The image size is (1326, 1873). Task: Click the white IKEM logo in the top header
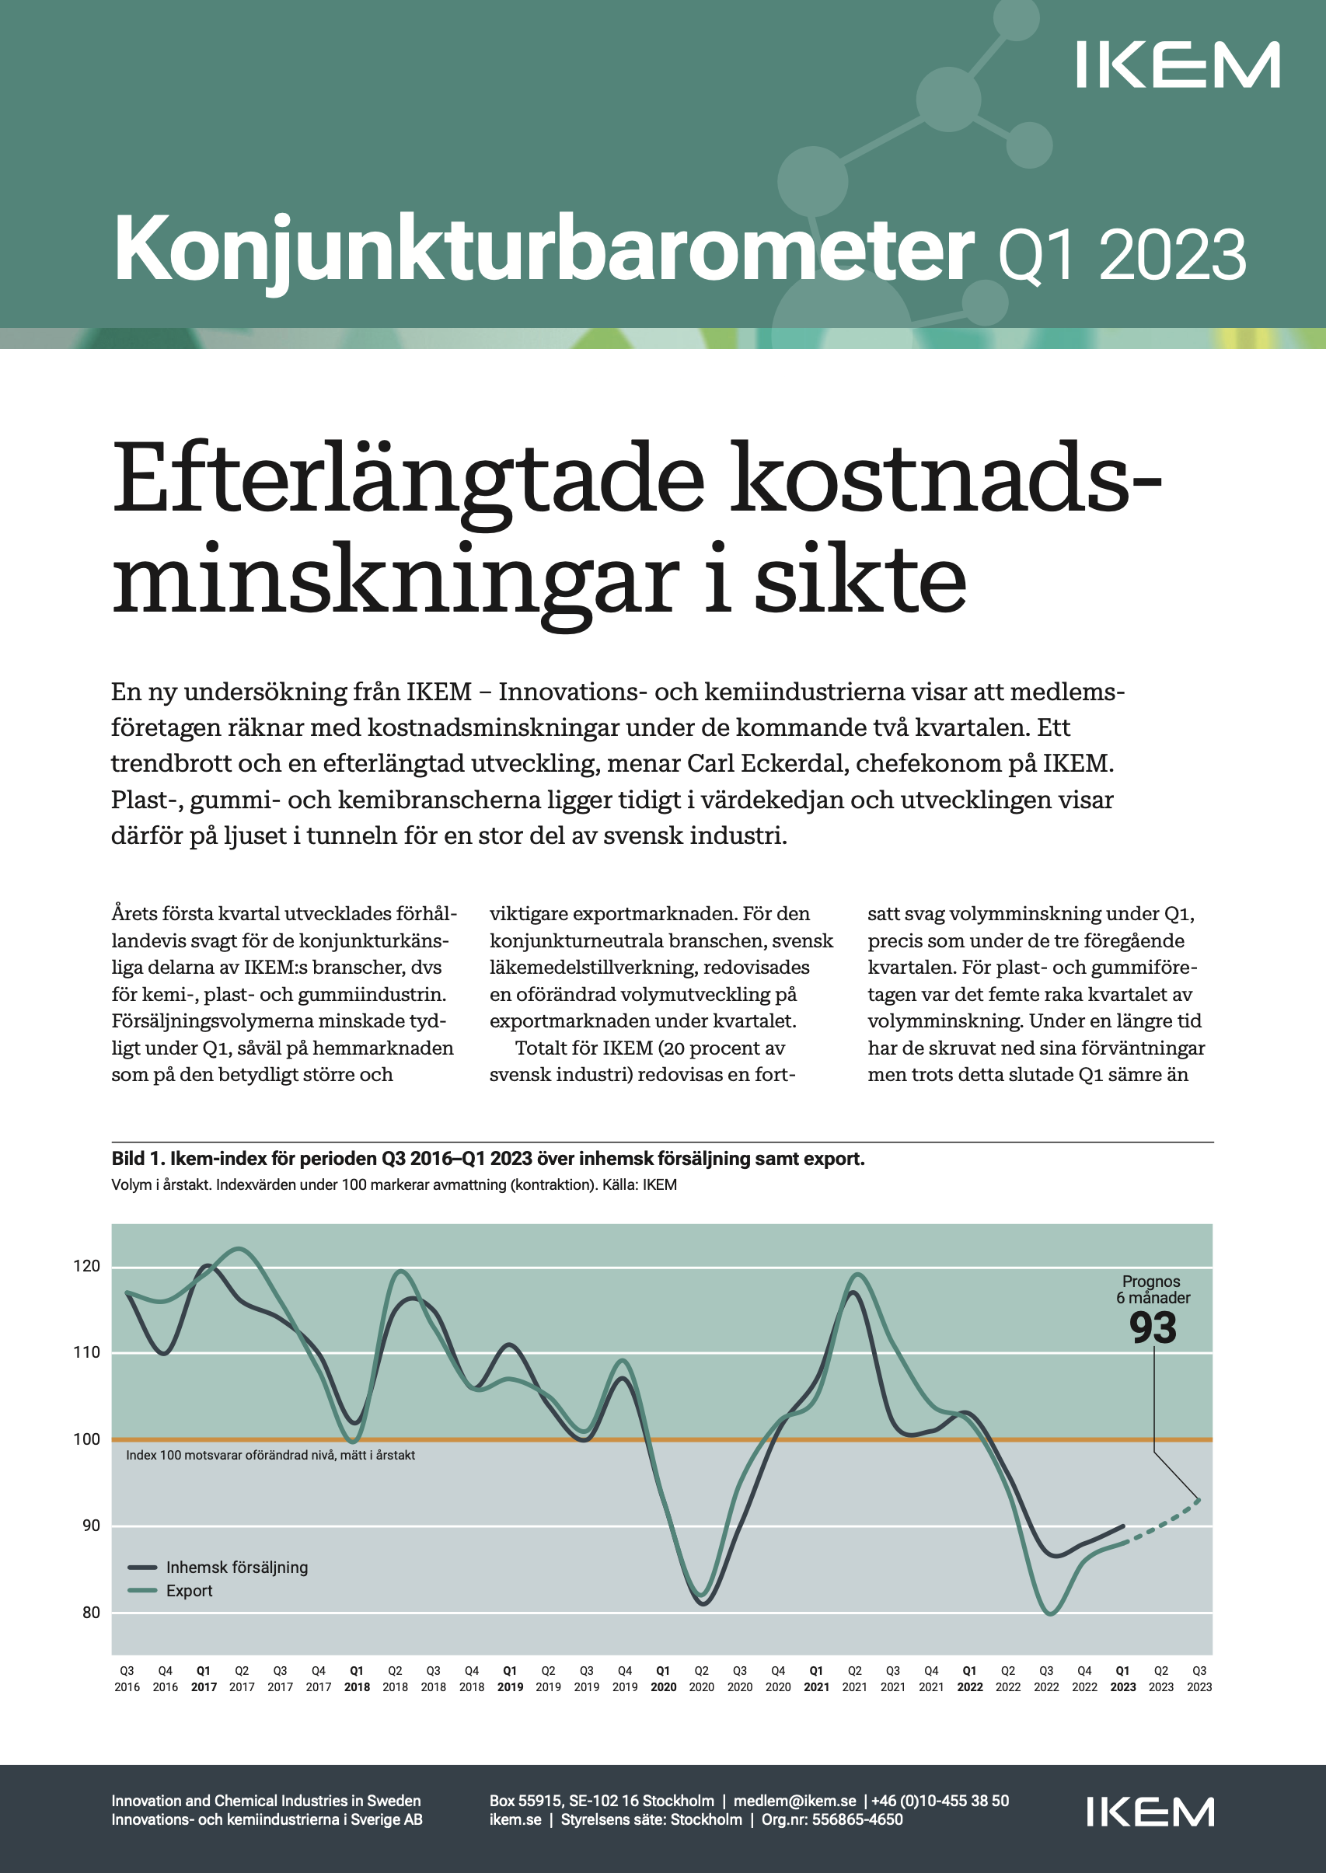pyautogui.click(x=1178, y=65)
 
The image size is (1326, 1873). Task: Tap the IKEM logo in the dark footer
pyautogui.click(x=1150, y=1812)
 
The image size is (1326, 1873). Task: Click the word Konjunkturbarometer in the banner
pyautogui.click(x=544, y=249)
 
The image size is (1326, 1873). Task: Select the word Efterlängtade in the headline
pyautogui.click(x=407, y=479)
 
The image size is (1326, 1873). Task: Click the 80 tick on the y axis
pyautogui.click(x=91, y=1613)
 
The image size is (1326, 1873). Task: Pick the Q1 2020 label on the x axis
pyautogui.click(x=663, y=1679)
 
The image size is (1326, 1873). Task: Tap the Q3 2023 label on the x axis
pyautogui.click(x=1199, y=1679)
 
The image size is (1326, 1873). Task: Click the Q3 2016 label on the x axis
pyautogui.click(x=127, y=1679)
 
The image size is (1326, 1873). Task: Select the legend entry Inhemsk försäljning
pyautogui.click(x=237, y=1567)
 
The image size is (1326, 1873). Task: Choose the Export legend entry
pyautogui.click(x=189, y=1591)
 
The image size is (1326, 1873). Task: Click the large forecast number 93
pyautogui.click(x=1153, y=1328)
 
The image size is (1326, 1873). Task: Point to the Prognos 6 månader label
pyautogui.click(x=1153, y=1289)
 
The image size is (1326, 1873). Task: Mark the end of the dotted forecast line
pyautogui.click(x=1199, y=1499)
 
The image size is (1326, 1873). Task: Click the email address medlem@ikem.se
pyautogui.click(x=794, y=1800)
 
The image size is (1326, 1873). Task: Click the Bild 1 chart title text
pyautogui.click(x=487, y=1159)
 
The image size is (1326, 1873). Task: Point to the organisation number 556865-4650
pyautogui.click(x=857, y=1819)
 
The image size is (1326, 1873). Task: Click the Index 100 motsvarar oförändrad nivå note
pyautogui.click(x=270, y=1455)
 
